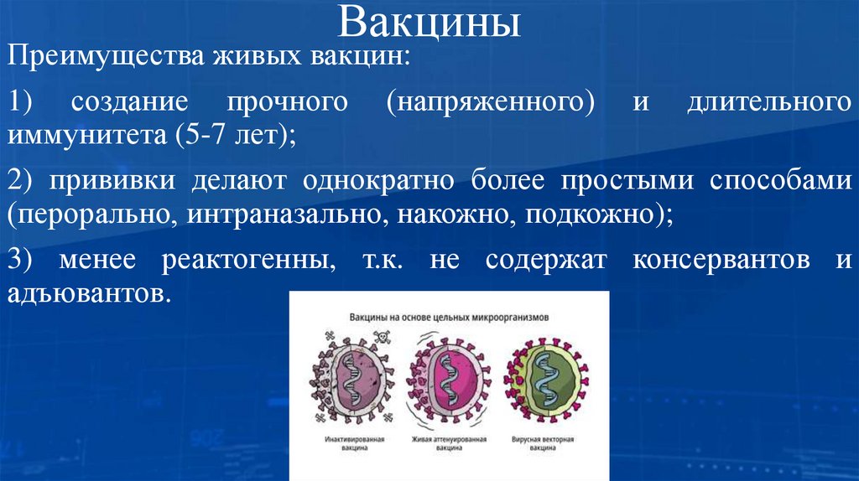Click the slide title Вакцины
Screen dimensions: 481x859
pyautogui.click(x=429, y=23)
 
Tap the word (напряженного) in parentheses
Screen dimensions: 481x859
pyautogui.click(x=491, y=104)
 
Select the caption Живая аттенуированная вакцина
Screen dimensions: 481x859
pyautogui.click(x=448, y=443)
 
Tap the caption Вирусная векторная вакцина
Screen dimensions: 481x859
pyautogui.click(x=547, y=443)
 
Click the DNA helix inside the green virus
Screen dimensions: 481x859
pyautogui.click(x=546, y=382)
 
